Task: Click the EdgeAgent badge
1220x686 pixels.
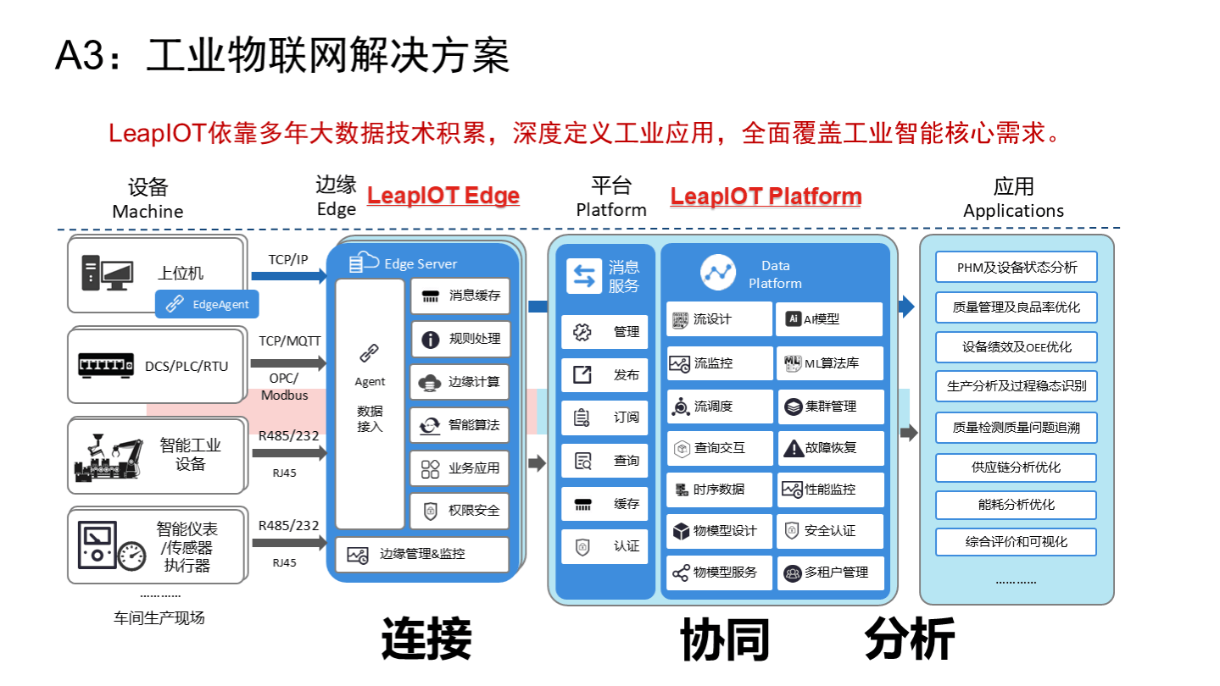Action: (207, 304)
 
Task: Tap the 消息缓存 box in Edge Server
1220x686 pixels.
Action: (460, 296)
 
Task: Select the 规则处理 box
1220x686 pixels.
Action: (460, 339)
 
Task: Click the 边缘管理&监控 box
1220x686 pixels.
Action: (422, 555)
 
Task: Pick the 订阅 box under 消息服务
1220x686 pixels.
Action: (604, 418)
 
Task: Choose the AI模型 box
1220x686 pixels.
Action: (828, 319)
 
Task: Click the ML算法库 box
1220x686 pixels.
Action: (828, 363)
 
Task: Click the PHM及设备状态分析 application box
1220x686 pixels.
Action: (1016, 268)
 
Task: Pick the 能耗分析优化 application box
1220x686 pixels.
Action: (1016, 505)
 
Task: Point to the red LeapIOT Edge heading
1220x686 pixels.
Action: (443, 196)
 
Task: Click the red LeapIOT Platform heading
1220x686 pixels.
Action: (766, 196)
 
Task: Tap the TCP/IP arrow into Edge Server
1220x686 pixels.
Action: (289, 276)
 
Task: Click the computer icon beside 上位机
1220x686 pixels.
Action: (107, 273)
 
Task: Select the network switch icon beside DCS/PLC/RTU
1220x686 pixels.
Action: (106, 365)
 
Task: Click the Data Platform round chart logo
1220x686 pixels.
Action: (718, 273)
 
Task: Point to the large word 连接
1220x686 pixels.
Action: (426, 639)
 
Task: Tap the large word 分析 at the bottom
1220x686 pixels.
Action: (909, 639)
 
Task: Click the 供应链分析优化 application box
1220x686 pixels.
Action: (1016, 467)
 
